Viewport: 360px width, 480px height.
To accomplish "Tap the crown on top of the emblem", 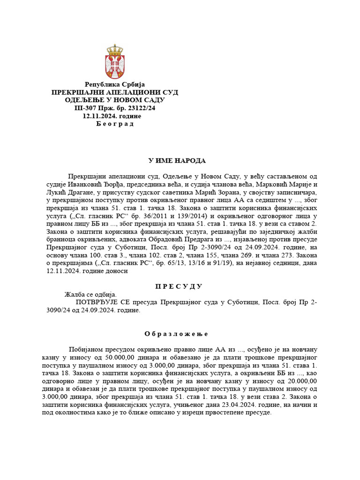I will point(115,49).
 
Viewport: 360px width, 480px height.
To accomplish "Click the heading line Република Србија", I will point(115,84).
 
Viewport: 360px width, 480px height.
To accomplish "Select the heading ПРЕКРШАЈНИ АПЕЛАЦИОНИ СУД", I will point(115,92).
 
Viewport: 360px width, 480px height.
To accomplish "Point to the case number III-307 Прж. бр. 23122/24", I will point(115,108).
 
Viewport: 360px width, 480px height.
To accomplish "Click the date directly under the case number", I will point(112,116).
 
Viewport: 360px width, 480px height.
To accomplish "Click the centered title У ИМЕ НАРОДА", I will point(177,161).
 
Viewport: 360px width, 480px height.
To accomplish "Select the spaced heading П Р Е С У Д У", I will point(178,286).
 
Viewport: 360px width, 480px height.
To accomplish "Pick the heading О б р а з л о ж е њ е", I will point(176,334).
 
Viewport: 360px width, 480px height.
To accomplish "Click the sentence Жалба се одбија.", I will point(90,294).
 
